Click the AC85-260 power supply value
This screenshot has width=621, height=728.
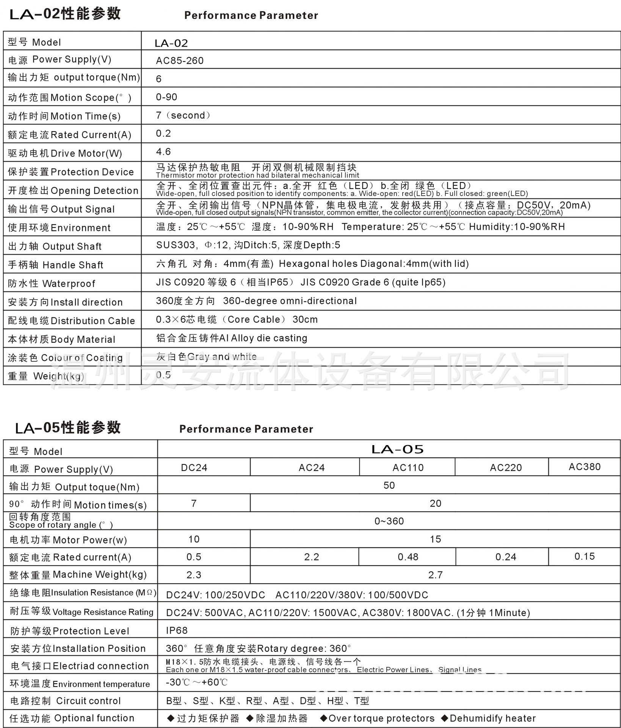[180, 61]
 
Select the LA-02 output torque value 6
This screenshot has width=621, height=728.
[158, 79]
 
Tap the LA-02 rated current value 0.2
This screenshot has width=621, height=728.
[163, 133]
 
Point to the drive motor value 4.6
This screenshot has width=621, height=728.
[163, 152]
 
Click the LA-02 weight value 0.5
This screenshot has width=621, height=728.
[163, 375]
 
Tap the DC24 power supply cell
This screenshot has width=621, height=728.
[194, 468]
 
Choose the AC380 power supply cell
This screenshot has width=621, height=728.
[585, 467]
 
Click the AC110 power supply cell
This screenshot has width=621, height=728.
[408, 468]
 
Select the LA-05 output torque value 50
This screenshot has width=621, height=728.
[389, 485]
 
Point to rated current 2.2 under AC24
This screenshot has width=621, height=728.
[312, 557]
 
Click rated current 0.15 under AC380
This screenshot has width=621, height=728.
[585, 556]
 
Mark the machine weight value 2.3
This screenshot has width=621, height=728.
[194, 575]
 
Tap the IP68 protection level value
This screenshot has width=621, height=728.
[177, 630]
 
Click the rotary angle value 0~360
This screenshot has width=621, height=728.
[389, 521]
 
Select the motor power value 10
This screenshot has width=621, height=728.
[194, 539]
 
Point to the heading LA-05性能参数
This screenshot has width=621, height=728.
[68, 428]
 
